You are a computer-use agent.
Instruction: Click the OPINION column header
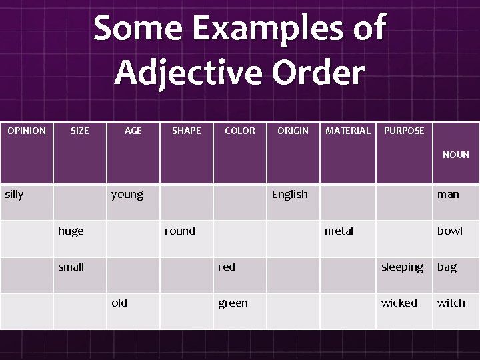pyautogui.click(x=27, y=131)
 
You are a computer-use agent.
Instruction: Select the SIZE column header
pyautogui.click(x=79, y=131)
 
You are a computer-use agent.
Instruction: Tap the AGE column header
pyautogui.click(x=133, y=131)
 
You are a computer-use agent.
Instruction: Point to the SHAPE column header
pyautogui.click(x=186, y=131)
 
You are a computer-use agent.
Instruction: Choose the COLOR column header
pyautogui.click(x=240, y=131)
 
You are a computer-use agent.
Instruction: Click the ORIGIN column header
pyautogui.click(x=293, y=131)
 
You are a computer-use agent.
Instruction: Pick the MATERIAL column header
pyautogui.click(x=347, y=131)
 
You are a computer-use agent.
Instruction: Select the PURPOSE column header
pyautogui.click(x=404, y=131)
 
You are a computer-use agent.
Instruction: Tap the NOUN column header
pyautogui.click(x=456, y=155)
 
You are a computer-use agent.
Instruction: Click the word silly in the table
pyautogui.click(x=14, y=194)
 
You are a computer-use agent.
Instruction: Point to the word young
pyautogui.click(x=127, y=195)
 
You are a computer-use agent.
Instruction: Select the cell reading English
pyautogui.click(x=289, y=195)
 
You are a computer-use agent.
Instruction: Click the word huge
pyautogui.click(x=71, y=231)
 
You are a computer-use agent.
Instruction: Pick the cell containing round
pyautogui.click(x=180, y=231)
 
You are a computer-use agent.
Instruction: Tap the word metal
pyautogui.click(x=339, y=231)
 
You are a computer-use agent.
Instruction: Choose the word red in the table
pyautogui.click(x=227, y=267)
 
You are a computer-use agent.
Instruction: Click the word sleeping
pyautogui.click(x=402, y=267)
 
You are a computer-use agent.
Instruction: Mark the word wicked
pyautogui.click(x=399, y=303)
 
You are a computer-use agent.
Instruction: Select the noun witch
pyautogui.click(x=451, y=303)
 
